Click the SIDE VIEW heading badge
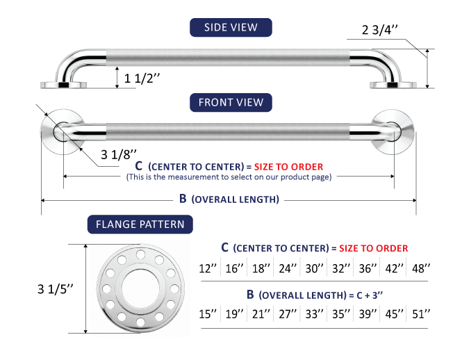[x=231, y=27]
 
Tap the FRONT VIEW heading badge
[x=231, y=102]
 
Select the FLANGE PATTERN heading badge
[x=140, y=224]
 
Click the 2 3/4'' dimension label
[x=380, y=30]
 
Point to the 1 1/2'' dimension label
[x=142, y=79]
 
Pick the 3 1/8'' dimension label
[x=119, y=154]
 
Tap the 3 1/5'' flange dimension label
[x=56, y=289]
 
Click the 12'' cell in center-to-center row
[x=208, y=268]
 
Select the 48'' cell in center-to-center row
[x=421, y=268]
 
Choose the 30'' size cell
[x=314, y=268]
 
